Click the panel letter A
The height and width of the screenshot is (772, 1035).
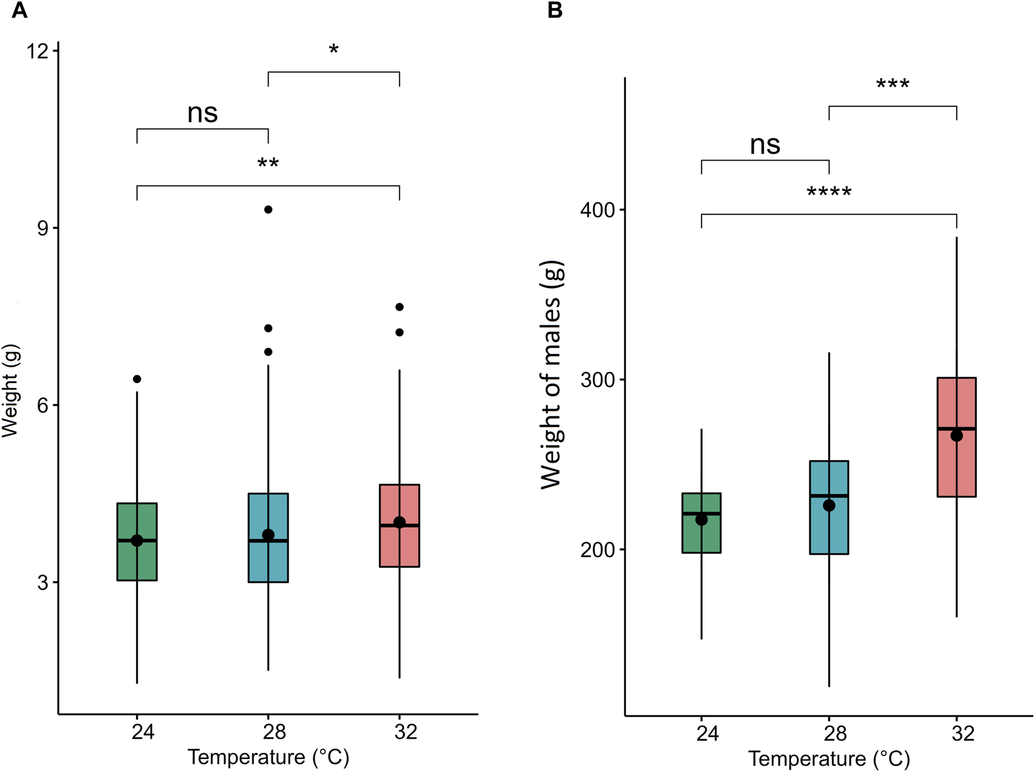(x=19, y=10)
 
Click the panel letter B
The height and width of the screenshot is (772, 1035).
(x=554, y=10)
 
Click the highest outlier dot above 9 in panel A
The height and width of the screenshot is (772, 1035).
(x=268, y=209)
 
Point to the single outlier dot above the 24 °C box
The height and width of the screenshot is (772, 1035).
(x=137, y=379)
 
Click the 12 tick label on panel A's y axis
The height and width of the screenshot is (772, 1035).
(x=37, y=51)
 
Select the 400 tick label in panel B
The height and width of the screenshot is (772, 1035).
(x=598, y=210)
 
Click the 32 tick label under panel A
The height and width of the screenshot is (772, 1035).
(x=405, y=731)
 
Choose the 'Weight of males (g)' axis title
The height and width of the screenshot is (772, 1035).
(x=551, y=374)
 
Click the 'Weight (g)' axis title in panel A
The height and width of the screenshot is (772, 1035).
(x=11, y=390)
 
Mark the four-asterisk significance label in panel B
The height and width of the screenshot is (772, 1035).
(x=828, y=192)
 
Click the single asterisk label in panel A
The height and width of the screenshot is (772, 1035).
(x=334, y=50)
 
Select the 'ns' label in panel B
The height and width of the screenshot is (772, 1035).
(x=765, y=144)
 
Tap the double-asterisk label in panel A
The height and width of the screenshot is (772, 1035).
(x=268, y=163)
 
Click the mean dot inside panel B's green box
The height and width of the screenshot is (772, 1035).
(x=701, y=519)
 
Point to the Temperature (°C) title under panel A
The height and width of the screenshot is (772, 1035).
(x=268, y=757)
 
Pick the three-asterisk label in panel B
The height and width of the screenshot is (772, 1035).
(x=892, y=84)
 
